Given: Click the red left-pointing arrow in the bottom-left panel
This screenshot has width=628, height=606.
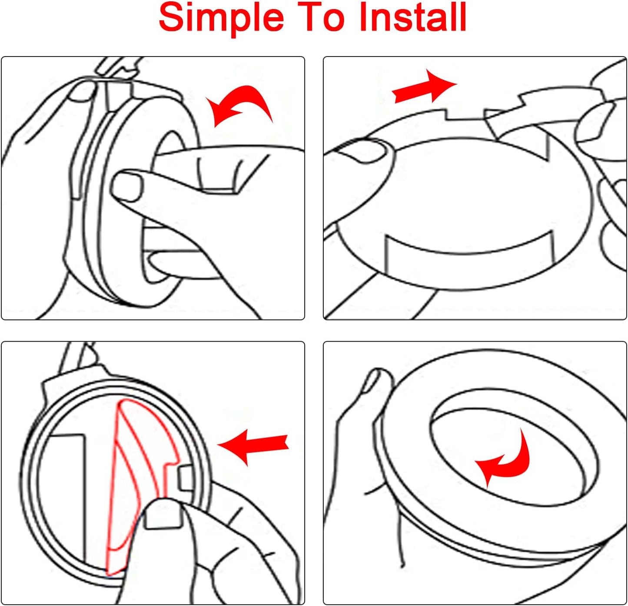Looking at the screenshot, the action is (x=253, y=447).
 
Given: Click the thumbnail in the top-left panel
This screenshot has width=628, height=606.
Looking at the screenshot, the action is (x=126, y=187).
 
